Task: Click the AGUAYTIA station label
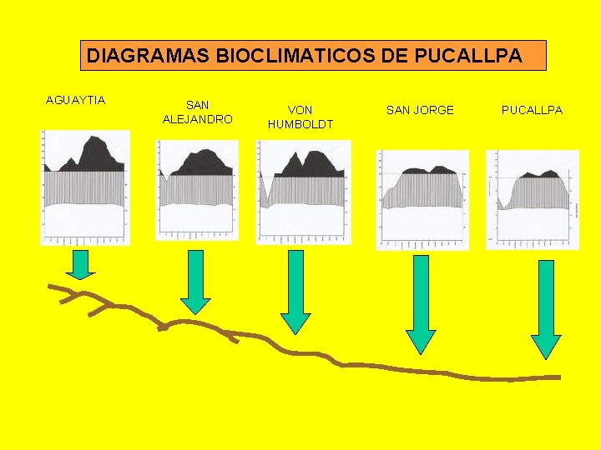tap(75, 101)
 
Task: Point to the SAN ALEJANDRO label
tap(197, 112)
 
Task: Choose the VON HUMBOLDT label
tap(300, 117)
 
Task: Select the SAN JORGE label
tap(420, 110)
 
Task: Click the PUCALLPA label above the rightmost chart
tap(532, 110)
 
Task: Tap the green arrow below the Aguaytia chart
tap(80, 264)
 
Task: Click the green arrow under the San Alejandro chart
tap(196, 282)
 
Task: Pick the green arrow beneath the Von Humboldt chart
tap(295, 290)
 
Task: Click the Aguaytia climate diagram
tap(85, 187)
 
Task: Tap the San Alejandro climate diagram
tap(197, 190)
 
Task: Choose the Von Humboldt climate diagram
tap(303, 192)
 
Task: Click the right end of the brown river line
tap(557, 377)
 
